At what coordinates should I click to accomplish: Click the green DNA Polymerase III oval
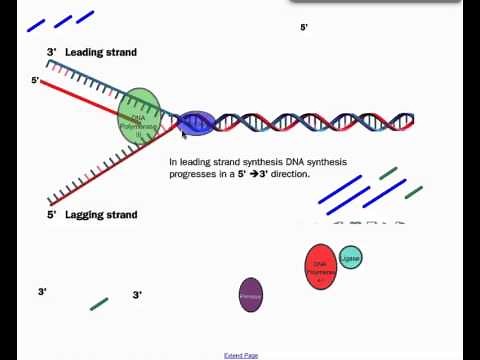point(139,112)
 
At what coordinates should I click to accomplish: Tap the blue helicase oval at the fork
point(196,123)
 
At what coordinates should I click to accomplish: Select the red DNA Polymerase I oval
point(320,266)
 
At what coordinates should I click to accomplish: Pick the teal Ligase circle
point(350,258)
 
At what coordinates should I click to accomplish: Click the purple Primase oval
point(251,295)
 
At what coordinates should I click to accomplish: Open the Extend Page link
point(241,355)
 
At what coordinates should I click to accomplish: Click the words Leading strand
point(100,52)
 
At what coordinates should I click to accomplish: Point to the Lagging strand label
point(101,214)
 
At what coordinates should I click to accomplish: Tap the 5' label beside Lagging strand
point(51,214)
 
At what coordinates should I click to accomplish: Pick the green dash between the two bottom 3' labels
point(99,303)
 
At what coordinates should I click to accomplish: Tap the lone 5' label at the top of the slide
point(304,28)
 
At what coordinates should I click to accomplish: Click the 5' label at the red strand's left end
point(35,80)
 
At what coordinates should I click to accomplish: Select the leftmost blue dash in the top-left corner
point(36,25)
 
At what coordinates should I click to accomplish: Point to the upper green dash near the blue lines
point(388,173)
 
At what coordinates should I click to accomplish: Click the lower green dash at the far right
point(413,191)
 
